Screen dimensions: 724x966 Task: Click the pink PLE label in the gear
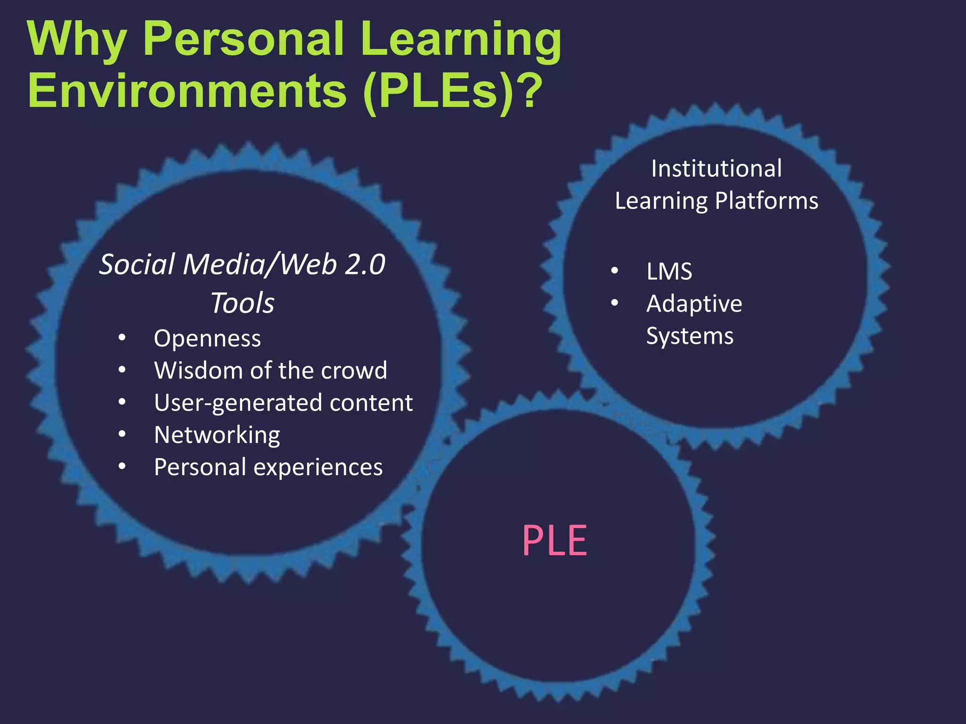(x=555, y=541)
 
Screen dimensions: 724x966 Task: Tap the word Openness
(x=207, y=339)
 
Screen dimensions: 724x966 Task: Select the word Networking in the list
(x=217, y=435)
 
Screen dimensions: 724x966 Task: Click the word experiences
(x=318, y=468)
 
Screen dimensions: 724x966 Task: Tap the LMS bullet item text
(x=669, y=271)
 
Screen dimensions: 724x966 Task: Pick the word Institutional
(x=716, y=169)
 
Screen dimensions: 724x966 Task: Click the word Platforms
(x=766, y=201)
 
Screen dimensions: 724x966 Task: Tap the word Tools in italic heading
(x=242, y=303)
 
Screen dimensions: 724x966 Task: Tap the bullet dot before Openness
(x=122, y=338)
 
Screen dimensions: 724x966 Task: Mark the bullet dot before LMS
(x=614, y=271)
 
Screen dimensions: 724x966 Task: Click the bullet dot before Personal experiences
(x=122, y=467)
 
